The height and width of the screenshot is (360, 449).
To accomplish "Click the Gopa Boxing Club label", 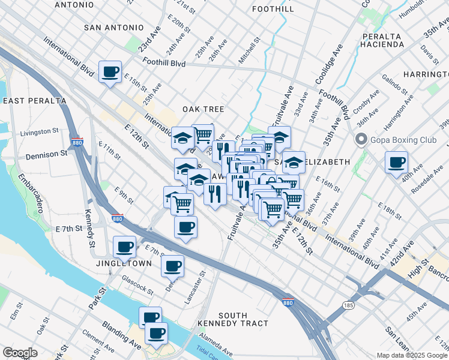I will [402, 140].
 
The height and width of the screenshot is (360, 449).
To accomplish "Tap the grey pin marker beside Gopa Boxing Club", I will [361, 140].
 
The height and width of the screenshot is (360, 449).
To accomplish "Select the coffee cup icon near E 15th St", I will [110, 72].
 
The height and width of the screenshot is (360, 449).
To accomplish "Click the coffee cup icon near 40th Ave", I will [396, 162].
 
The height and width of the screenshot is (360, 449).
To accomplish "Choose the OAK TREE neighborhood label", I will [203, 109].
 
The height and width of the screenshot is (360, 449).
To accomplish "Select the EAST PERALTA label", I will [34, 100].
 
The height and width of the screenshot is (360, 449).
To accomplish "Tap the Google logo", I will [20, 353].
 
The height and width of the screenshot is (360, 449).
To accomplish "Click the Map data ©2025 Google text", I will [411, 355].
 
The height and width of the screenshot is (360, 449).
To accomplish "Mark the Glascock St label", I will [137, 283].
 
